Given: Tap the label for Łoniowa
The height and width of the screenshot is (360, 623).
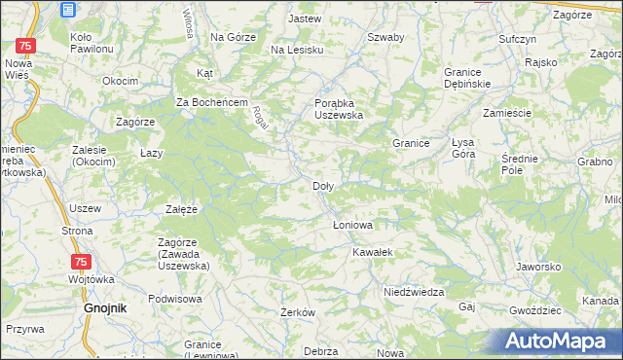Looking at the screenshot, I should click(x=351, y=224).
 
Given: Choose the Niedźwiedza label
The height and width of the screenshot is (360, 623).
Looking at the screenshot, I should click(x=414, y=292).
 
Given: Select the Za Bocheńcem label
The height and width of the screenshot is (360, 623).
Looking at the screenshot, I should click(x=214, y=103).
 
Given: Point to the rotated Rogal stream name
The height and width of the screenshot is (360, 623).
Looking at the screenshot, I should click(x=260, y=120).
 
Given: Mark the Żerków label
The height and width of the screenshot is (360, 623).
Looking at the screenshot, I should click(x=297, y=312).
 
